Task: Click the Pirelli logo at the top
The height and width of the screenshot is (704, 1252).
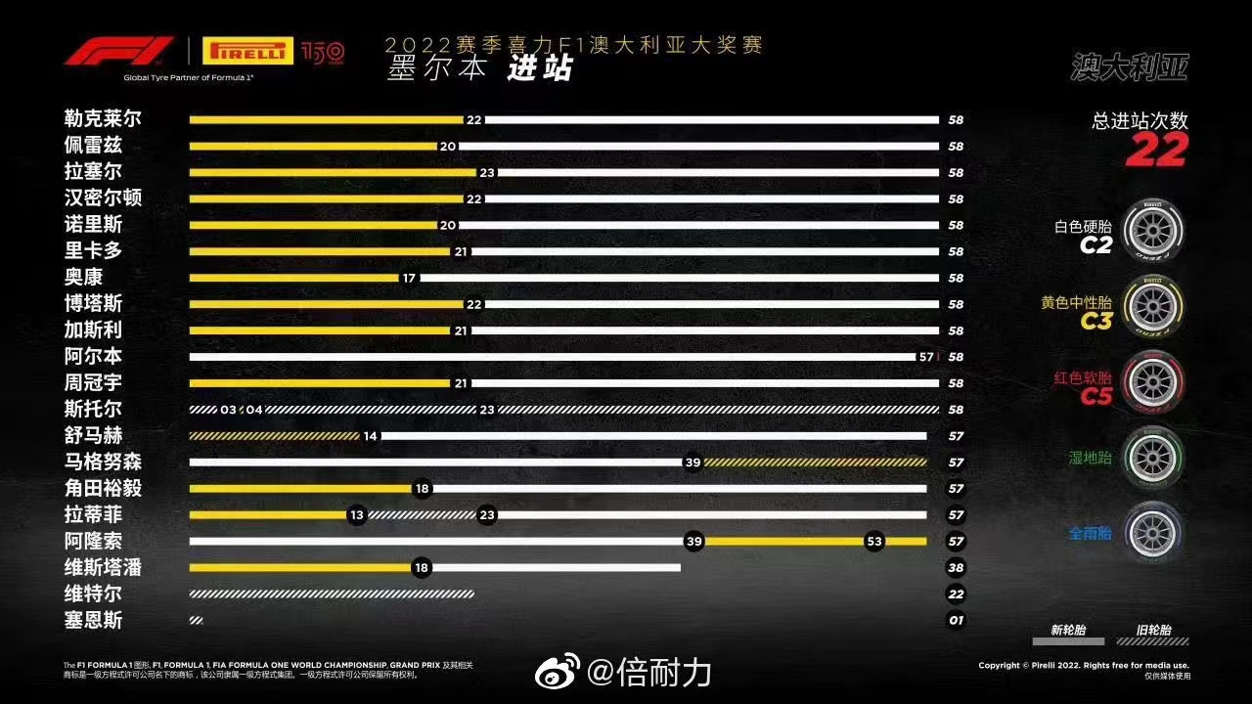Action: pyautogui.click(x=247, y=51)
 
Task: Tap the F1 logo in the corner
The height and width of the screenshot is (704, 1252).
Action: pyautogui.click(x=105, y=51)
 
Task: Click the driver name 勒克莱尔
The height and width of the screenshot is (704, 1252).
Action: pyautogui.click(x=103, y=119)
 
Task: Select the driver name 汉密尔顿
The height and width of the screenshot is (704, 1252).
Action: pyautogui.click(x=103, y=198)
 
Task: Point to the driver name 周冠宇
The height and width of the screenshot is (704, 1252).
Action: pyautogui.click(x=94, y=383)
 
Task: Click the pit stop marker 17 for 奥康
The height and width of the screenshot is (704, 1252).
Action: pyautogui.click(x=409, y=278)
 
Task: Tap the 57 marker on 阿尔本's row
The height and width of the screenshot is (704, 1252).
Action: pyautogui.click(x=926, y=357)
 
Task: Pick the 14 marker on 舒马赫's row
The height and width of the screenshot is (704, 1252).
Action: pyautogui.click(x=370, y=436)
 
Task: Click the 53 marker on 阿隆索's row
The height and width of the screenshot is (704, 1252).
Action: pyautogui.click(x=874, y=542)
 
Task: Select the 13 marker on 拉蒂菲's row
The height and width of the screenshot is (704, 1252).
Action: pyautogui.click(x=357, y=515)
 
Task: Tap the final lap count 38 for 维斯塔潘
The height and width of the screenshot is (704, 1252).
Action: pyautogui.click(x=956, y=568)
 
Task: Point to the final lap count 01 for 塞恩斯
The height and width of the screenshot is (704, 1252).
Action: pyautogui.click(x=956, y=621)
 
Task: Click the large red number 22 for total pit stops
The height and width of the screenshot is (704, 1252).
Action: pyautogui.click(x=1155, y=150)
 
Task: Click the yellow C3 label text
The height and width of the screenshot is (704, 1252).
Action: pyautogui.click(x=1096, y=321)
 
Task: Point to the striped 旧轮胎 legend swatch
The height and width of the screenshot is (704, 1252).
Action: pyautogui.click(x=1153, y=642)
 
